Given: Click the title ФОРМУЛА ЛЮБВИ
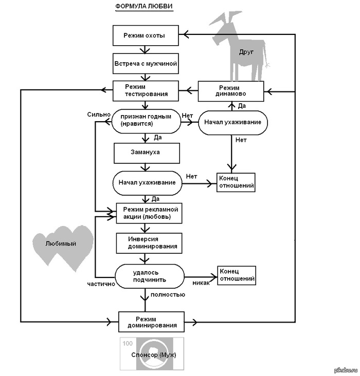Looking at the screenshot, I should click(x=143, y=7).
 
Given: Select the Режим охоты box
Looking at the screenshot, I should click(x=146, y=35).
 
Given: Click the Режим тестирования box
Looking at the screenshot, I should click(x=146, y=90).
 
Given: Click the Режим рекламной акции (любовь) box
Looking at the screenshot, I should click(x=150, y=213).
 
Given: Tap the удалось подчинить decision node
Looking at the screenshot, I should click(x=149, y=276).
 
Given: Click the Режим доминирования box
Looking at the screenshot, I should click(x=150, y=322).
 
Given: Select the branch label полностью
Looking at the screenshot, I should click(x=168, y=294).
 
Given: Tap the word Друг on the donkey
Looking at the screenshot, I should click(x=247, y=52).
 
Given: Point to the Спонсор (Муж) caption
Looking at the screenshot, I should click(x=152, y=355).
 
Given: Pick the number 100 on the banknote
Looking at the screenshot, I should click(x=128, y=344).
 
